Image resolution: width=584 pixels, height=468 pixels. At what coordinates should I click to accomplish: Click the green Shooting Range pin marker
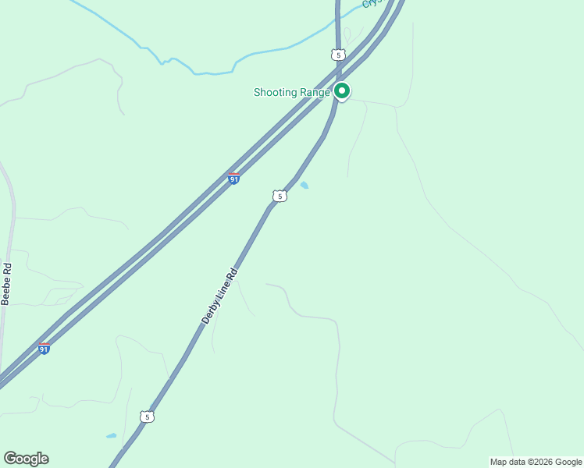[342, 90]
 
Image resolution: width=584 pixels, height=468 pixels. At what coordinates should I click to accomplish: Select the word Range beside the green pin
[315, 93]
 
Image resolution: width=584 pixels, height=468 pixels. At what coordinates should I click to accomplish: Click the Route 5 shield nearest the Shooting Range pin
[337, 55]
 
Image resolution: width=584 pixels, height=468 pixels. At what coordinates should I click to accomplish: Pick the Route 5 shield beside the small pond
[280, 196]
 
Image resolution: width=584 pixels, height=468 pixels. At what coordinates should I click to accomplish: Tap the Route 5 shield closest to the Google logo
[147, 417]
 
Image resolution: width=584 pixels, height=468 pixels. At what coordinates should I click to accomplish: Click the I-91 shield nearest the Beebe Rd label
[44, 349]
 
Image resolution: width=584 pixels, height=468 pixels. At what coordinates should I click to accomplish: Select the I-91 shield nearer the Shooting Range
[233, 179]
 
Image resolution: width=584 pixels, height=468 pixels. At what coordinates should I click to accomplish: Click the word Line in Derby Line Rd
[222, 292]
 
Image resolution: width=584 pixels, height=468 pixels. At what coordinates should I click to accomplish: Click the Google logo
[26, 459]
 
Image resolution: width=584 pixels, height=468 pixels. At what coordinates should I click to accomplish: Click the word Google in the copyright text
[568, 462]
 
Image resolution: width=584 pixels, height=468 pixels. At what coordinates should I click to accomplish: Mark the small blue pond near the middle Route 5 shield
[304, 186]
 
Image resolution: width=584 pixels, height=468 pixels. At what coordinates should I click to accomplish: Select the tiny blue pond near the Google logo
[111, 436]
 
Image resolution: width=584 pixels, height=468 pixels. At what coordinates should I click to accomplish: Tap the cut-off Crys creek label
[371, 4]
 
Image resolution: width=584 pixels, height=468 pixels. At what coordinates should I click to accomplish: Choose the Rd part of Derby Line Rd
[231, 276]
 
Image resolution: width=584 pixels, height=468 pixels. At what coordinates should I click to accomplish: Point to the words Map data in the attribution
[508, 462]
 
